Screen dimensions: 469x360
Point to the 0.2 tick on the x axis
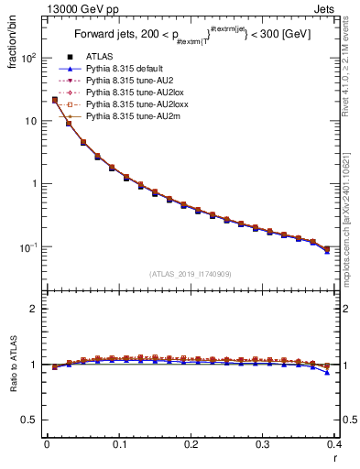[191, 446]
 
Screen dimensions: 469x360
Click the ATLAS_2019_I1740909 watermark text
[191, 274]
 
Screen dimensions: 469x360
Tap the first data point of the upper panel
[55, 100]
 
